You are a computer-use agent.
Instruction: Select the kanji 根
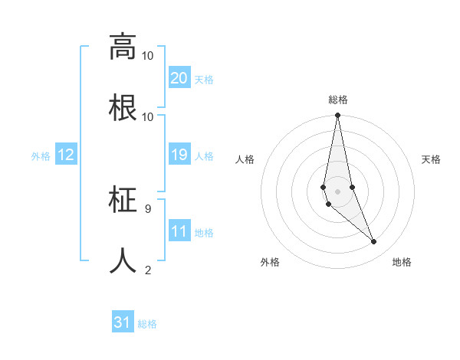[x=123, y=107]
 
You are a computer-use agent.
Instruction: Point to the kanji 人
[x=123, y=260]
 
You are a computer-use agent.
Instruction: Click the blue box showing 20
[x=179, y=78]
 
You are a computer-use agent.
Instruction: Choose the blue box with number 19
[x=179, y=155]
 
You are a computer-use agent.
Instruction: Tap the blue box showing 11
[x=179, y=231]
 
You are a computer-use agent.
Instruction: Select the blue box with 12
[x=66, y=155]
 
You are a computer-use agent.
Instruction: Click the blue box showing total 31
[x=123, y=322]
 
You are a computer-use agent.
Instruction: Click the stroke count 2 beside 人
[x=147, y=270]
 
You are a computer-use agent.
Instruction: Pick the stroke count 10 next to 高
[x=148, y=55]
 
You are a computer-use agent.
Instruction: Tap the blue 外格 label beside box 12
[x=41, y=156]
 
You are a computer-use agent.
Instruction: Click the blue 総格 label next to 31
[x=147, y=324]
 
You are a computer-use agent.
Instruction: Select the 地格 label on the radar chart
[x=402, y=262]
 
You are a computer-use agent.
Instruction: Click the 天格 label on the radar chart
[x=431, y=159]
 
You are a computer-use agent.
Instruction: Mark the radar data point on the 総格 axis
[x=337, y=116]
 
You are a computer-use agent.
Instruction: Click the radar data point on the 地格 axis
[x=374, y=242]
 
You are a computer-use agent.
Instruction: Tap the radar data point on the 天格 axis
[x=352, y=187]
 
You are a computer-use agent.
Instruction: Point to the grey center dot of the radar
[x=337, y=191]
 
